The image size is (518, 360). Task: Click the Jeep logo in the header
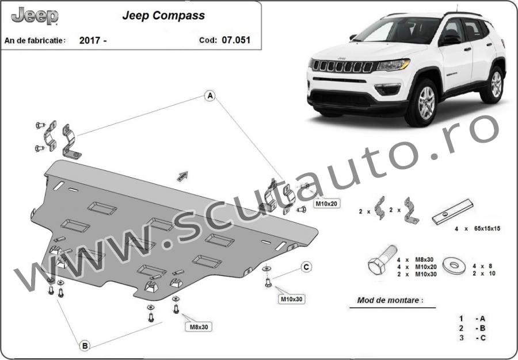tap(35, 16)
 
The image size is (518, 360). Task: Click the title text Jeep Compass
tap(163, 16)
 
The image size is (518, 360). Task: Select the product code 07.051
tap(236, 40)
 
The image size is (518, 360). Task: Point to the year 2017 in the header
tap(90, 41)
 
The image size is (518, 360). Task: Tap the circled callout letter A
tap(210, 95)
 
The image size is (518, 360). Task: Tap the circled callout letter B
tap(85, 346)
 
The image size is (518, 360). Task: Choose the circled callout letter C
tap(306, 267)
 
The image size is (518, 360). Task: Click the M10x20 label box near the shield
tap(326, 204)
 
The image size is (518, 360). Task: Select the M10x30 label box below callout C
tap(291, 299)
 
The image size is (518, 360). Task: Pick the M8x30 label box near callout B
tap(199, 327)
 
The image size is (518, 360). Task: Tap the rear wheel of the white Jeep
tap(494, 85)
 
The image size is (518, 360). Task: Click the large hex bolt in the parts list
tap(382, 260)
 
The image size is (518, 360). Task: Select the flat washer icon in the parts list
tap(454, 265)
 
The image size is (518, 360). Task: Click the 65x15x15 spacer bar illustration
tap(452, 212)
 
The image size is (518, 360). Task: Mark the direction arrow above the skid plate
tap(182, 177)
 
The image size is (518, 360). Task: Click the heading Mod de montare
tap(390, 300)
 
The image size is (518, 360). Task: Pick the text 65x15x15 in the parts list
tap(487, 228)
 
